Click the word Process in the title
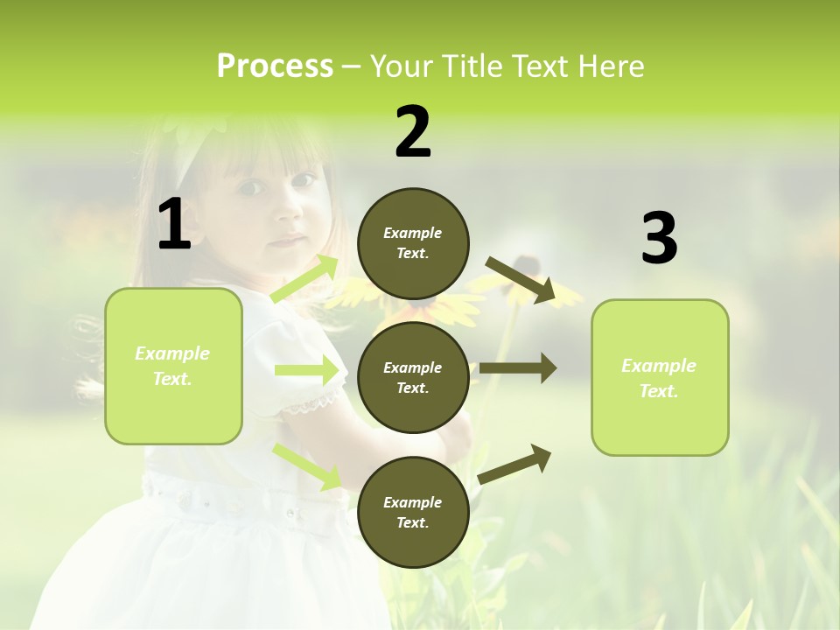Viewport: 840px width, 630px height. (x=275, y=66)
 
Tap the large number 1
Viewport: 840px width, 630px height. (x=174, y=225)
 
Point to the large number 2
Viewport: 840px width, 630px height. (x=413, y=132)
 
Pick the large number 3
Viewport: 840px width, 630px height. (x=659, y=239)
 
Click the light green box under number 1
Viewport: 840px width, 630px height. (x=173, y=366)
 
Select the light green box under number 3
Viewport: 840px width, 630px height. (x=660, y=378)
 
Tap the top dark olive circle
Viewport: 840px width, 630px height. (x=413, y=243)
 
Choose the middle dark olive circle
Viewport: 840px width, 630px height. (x=413, y=378)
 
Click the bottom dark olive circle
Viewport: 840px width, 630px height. (x=413, y=513)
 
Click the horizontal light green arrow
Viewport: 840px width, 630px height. (x=306, y=371)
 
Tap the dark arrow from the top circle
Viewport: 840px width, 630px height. (x=521, y=281)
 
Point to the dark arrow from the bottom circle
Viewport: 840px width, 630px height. (x=514, y=465)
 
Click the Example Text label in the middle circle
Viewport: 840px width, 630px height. (x=413, y=378)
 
